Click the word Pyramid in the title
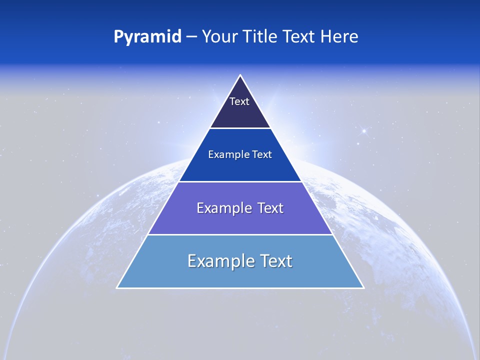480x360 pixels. click(147, 37)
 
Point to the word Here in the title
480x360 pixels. click(339, 37)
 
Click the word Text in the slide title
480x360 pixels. click(299, 37)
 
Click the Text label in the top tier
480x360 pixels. click(239, 101)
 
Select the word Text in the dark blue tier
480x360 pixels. click(262, 155)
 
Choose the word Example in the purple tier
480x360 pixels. click(220, 208)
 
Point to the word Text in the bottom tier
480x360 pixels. click(276, 261)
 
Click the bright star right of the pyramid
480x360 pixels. click(364, 131)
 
